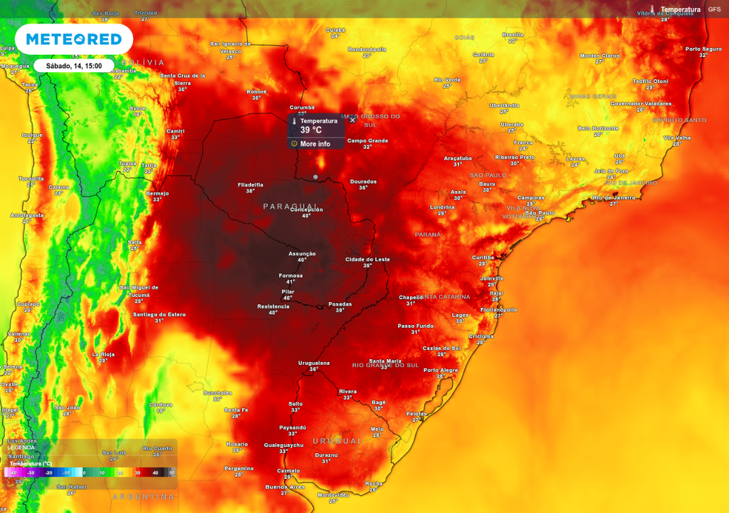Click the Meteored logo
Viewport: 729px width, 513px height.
(x=73, y=39)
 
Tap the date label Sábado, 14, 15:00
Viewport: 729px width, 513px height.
(x=74, y=66)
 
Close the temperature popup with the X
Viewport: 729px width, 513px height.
(x=352, y=120)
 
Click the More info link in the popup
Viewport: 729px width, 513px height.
(x=315, y=144)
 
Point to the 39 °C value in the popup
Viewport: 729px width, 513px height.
(x=310, y=130)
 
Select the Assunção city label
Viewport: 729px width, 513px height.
(x=302, y=254)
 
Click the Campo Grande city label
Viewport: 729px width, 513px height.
(x=367, y=140)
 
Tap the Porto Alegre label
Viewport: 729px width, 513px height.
(x=441, y=370)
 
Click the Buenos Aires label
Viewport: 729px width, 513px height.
(x=285, y=487)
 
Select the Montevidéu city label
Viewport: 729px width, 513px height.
(x=333, y=494)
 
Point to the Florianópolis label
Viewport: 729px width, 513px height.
(x=498, y=310)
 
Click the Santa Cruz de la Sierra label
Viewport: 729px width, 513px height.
(x=182, y=78)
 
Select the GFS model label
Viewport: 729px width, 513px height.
(x=714, y=9)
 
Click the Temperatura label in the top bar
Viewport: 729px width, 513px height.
(x=680, y=9)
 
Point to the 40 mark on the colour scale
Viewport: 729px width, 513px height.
(x=155, y=472)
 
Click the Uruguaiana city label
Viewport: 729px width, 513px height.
(x=314, y=363)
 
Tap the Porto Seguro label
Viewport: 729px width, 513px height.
(x=703, y=49)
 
